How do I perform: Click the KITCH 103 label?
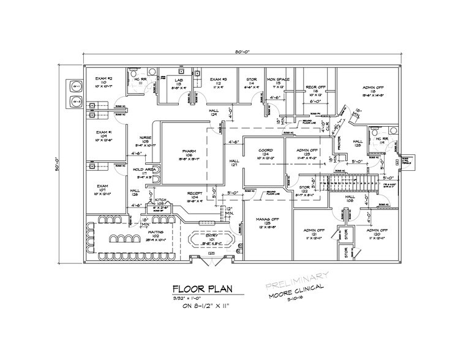[x=160, y=201]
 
